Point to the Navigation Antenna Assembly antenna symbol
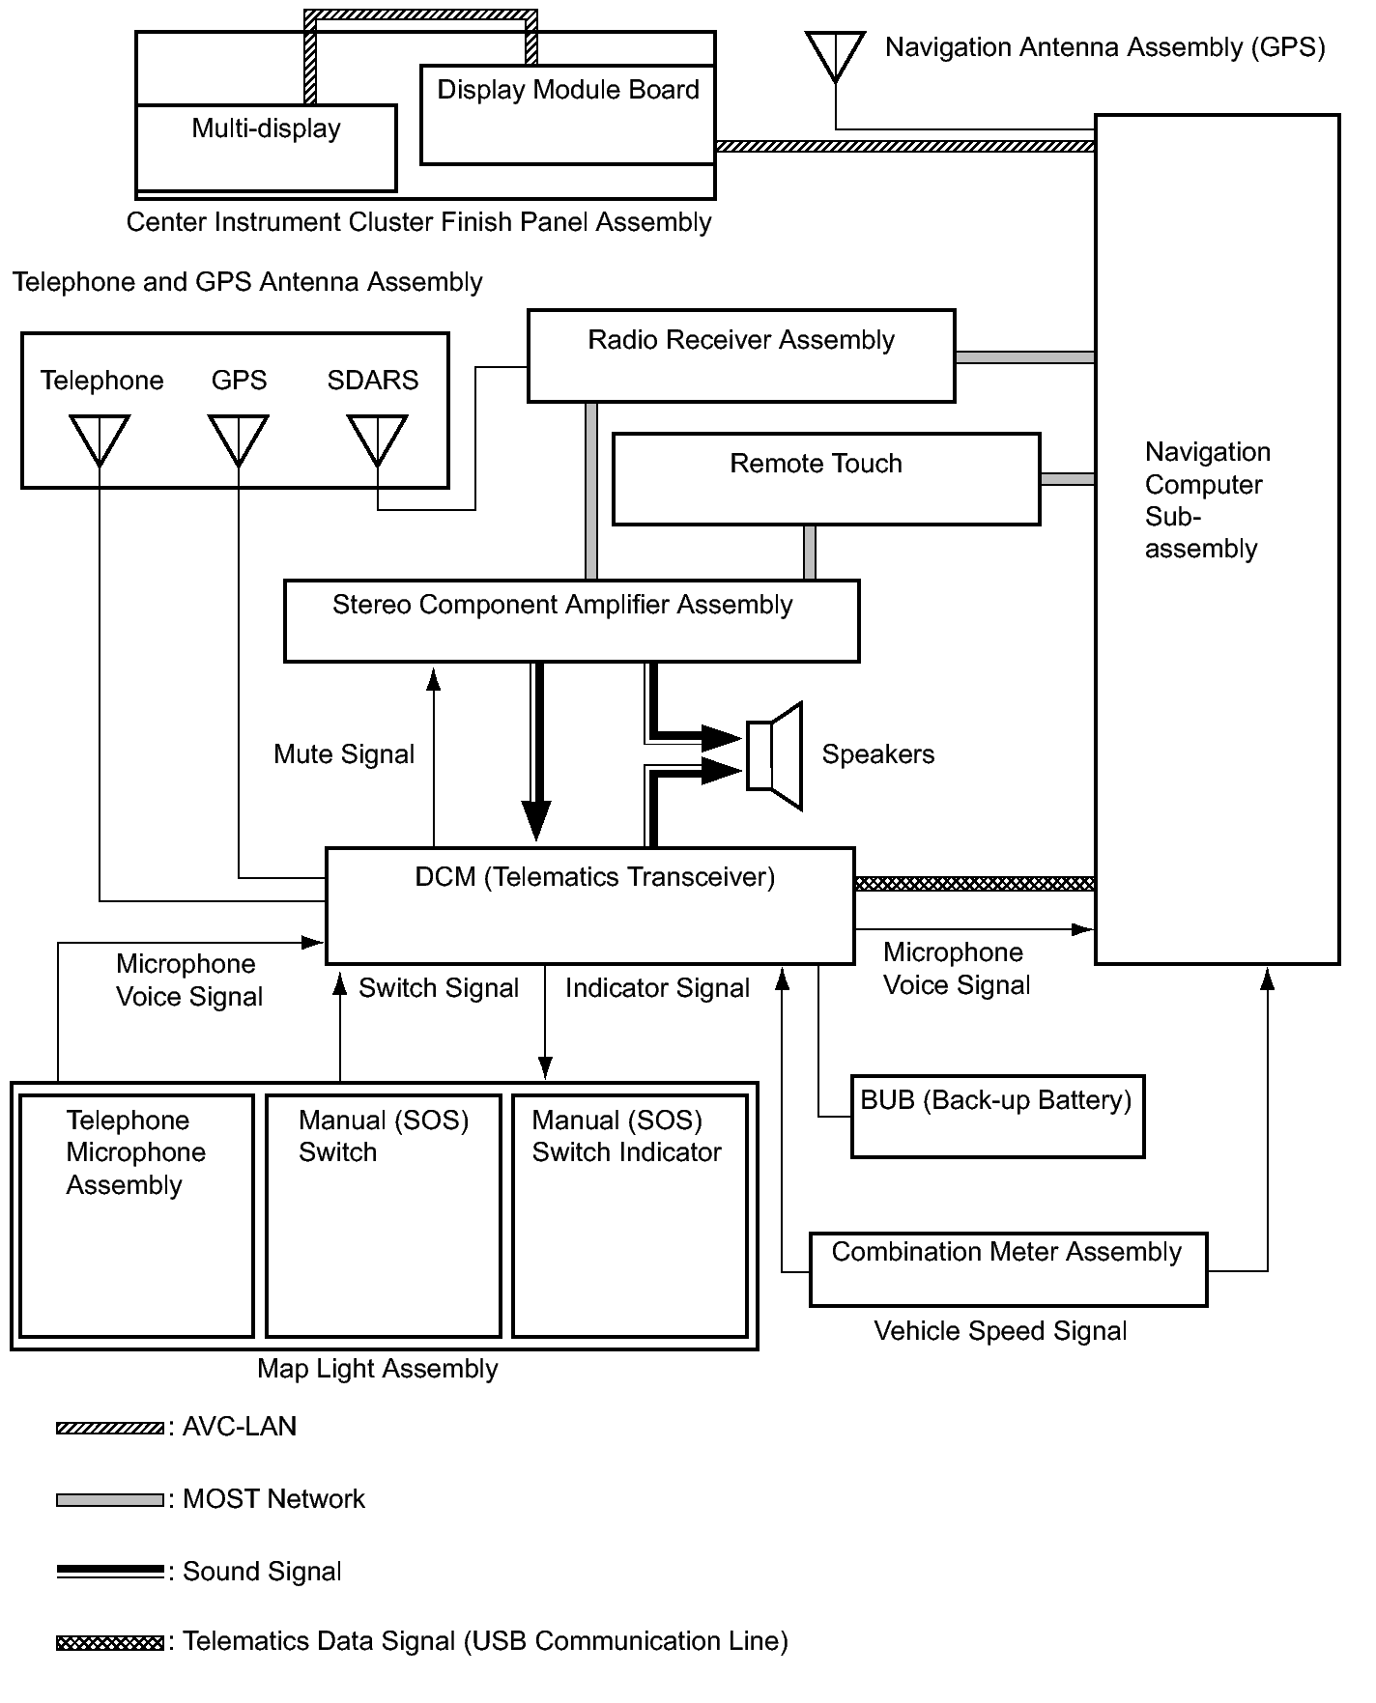[835, 56]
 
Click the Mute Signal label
[344, 754]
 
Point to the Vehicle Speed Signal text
[1000, 1331]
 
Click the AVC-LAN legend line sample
[110, 1429]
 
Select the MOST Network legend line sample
[110, 1500]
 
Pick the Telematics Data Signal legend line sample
[110, 1643]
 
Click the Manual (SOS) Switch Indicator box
[630, 1215]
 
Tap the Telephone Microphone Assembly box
[136, 1215]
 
